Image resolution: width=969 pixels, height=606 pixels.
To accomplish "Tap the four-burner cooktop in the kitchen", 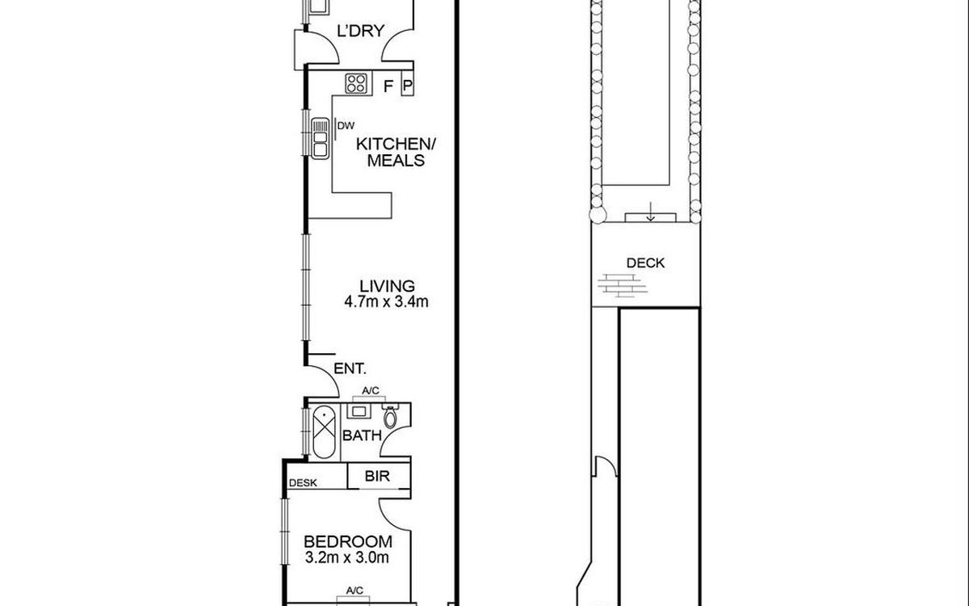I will pyautogui.click(x=357, y=82).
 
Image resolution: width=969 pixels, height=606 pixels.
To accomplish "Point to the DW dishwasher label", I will pyautogui.click(x=346, y=125).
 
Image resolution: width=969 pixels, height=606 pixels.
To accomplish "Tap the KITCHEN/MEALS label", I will pyautogui.click(x=396, y=152).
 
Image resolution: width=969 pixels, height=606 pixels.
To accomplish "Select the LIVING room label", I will pyautogui.click(x=387, y=286).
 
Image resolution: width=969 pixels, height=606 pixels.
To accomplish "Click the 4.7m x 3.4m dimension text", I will pyautogui.click(x=387, y=303).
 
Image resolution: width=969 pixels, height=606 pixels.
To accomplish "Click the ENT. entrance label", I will pyautogui.click(x=355, y=369).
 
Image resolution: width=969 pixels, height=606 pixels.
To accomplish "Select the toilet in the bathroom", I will pyautogui.click(x=392, y=416).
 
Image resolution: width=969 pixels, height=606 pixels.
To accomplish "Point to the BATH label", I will pyautogui.click(x=362, y=436).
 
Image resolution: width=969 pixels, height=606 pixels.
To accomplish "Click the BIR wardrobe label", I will pyautogui.click(x=377, y=477).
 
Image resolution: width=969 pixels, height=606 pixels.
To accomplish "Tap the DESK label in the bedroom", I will pyautogui.click(x=304, y=483).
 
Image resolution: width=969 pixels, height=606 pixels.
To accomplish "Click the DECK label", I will pyautogui.click(x=645, y=263).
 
